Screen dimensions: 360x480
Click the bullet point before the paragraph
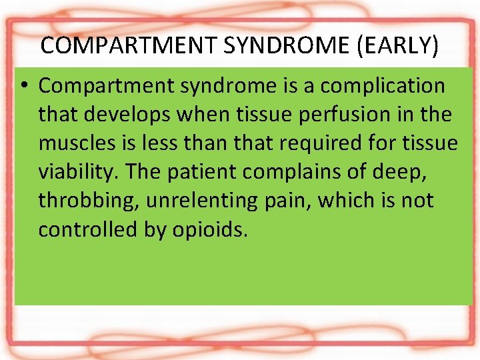tap(25, 86)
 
